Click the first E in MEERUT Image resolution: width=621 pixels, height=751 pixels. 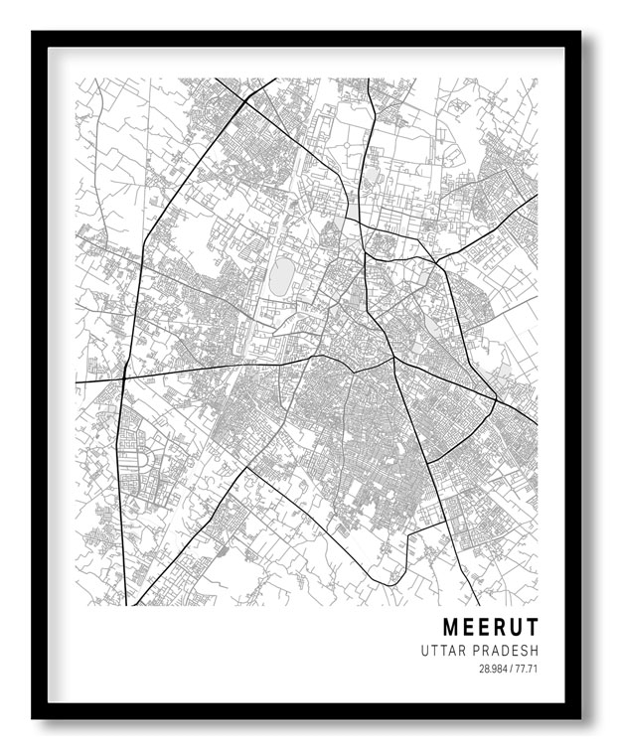[x=469, y=627]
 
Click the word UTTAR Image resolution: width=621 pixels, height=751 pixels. [x=444, y=651]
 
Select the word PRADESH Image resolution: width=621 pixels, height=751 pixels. [x=505, y=651]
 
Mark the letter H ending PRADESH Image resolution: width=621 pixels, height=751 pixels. [x=534, y=651]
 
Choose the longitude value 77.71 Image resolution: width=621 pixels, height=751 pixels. [x=526, y=669]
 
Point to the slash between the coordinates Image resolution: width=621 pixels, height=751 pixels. [x=510, y=669]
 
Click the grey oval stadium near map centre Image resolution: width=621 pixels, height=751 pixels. [x=282, y=275]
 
